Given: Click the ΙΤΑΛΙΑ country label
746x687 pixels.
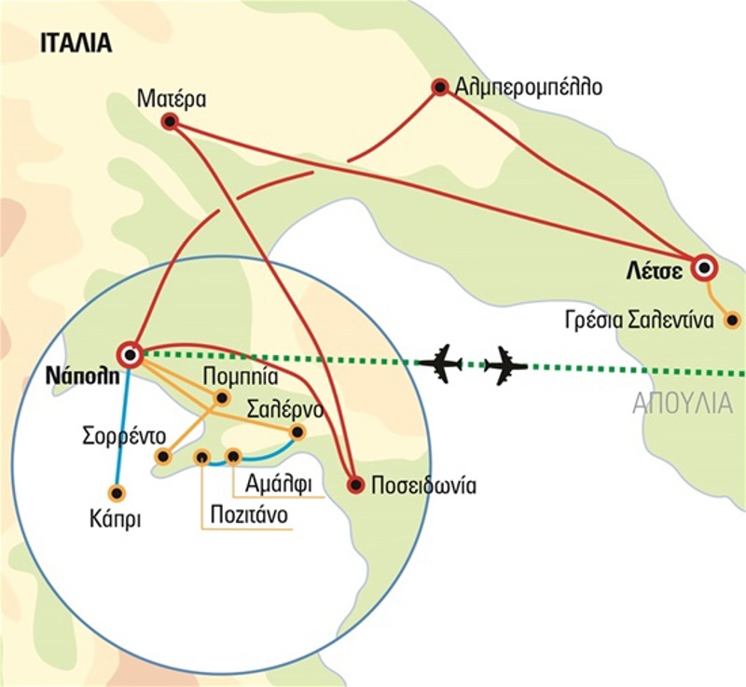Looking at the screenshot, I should point(75,43).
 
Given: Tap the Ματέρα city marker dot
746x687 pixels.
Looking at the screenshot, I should point(169,121).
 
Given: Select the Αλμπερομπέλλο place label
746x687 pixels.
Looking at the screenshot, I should point(529,88).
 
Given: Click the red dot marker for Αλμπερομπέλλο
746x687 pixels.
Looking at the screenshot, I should point(439,88).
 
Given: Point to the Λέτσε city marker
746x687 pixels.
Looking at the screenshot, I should point(704,269).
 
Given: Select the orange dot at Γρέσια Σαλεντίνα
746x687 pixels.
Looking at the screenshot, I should point(733,321).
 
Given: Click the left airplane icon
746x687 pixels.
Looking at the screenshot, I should point(440,362).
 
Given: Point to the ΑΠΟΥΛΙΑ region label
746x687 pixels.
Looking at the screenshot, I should point(683,404).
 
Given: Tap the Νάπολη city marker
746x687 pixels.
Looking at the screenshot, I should point(130,354).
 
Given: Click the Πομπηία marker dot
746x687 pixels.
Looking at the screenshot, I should point(222,398).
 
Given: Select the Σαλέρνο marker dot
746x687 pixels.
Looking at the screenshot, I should point(297,432).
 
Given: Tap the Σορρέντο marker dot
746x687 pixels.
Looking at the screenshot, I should point(163,457).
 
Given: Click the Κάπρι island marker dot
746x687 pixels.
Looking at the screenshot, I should point(117,493).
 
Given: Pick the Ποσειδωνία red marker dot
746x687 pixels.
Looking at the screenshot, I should point(354,485).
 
